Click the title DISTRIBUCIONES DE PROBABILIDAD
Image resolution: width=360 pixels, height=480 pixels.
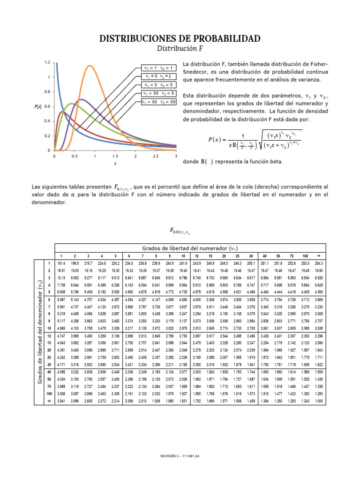click(180, 38)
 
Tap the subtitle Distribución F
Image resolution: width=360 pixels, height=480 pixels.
click(180, 48)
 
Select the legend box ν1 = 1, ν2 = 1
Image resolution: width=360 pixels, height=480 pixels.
click(159, 67)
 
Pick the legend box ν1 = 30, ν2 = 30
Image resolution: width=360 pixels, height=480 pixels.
click(159, 101)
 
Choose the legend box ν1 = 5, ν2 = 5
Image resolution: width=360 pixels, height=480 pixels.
click(159, 84)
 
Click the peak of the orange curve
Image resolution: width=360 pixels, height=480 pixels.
click(90, 66)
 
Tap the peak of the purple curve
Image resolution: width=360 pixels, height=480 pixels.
click(81, 99)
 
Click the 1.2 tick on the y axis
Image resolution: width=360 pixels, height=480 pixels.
click(47, 62)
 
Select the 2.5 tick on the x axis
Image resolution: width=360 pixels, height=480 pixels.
click(156, 156)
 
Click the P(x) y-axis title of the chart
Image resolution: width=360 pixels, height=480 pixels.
click(38, 106)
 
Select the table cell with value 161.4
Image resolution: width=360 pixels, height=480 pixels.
click(61, 263)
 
